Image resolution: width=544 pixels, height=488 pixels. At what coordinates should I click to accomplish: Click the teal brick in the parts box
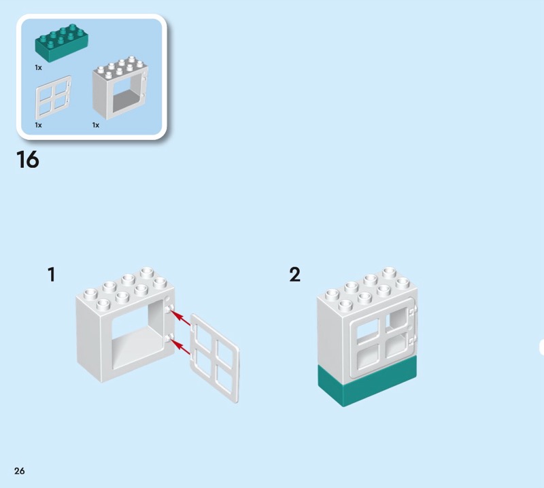click(61, 45)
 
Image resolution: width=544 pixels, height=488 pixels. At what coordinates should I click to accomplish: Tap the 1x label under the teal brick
click(39, 68)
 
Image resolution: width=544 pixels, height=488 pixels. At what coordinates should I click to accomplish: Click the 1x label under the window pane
click(39, 125)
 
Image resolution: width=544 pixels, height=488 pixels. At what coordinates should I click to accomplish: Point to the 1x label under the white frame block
click(96, 125)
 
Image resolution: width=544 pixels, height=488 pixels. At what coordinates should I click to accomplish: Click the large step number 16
click(27, 160)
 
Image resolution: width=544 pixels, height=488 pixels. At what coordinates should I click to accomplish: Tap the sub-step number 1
click(51, 275)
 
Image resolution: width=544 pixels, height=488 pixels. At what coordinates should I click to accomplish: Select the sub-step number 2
click(294, 275)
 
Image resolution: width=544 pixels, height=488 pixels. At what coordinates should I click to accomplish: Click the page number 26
click(19, 471)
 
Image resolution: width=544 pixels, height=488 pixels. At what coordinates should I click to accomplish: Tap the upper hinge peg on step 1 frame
click(167, 309)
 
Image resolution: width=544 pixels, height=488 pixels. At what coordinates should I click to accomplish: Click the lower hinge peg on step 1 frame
click(167, 338)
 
